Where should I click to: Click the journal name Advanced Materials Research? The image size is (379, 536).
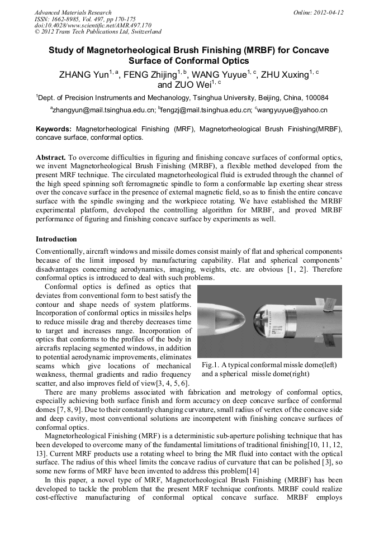pos(73,12)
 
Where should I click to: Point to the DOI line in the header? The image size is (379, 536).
pos(93,25)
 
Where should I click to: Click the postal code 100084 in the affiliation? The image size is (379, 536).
pos(316,97)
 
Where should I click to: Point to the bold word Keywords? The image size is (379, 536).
pos(54,129)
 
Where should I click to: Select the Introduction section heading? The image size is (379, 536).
pos(56,239)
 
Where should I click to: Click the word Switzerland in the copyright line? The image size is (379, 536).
pos(143,32)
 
